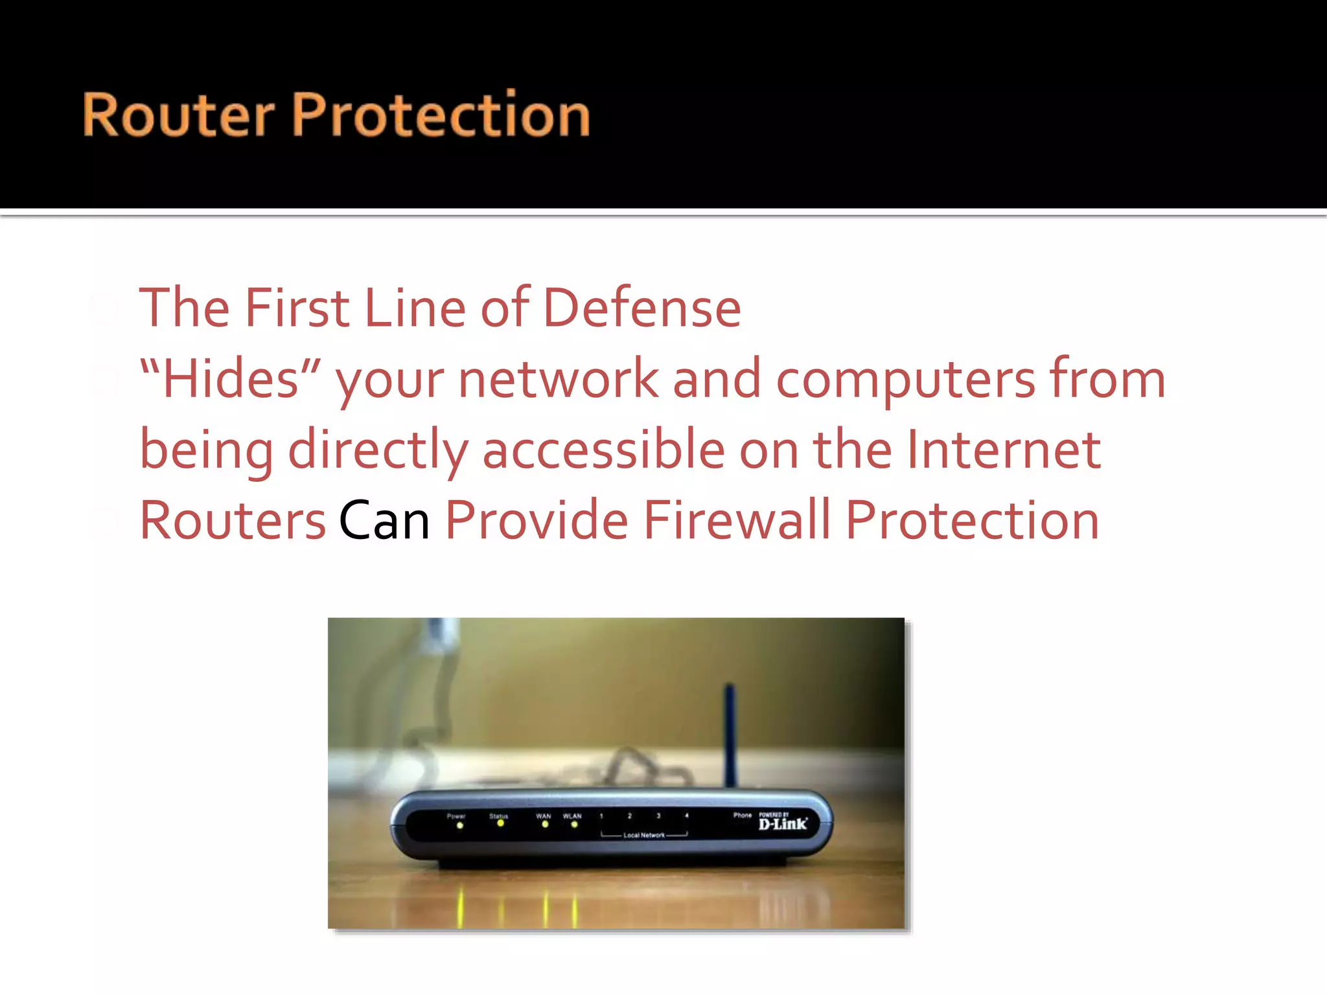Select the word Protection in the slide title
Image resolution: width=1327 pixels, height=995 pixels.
click(441, 115)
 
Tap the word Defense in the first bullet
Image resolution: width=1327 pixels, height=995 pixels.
click(641, 308)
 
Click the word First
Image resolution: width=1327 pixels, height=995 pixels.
click(297, 308)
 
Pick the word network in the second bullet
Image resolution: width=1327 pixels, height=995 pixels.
click(558, 379)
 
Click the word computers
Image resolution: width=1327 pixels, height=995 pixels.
click(905, 380)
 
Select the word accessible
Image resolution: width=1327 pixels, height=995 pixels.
click(603, 450)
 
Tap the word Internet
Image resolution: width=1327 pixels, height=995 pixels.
click(1003, 450)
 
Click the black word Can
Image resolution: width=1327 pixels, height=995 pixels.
click(384, 520)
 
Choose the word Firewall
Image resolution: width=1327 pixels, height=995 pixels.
click(736, 520)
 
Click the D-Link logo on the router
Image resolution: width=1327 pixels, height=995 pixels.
click(783, 824)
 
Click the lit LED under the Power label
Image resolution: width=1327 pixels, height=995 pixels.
click(460, 826)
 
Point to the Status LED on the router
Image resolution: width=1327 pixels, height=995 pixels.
click(500, 823)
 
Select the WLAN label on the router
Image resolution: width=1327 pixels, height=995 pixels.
click(572, 816)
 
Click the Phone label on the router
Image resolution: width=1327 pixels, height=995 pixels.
click(743, 816)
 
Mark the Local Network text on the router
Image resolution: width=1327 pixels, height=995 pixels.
click(644, 836)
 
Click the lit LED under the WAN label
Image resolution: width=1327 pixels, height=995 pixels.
click(545, 825)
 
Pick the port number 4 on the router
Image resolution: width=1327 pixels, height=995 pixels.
click(687, 816)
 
